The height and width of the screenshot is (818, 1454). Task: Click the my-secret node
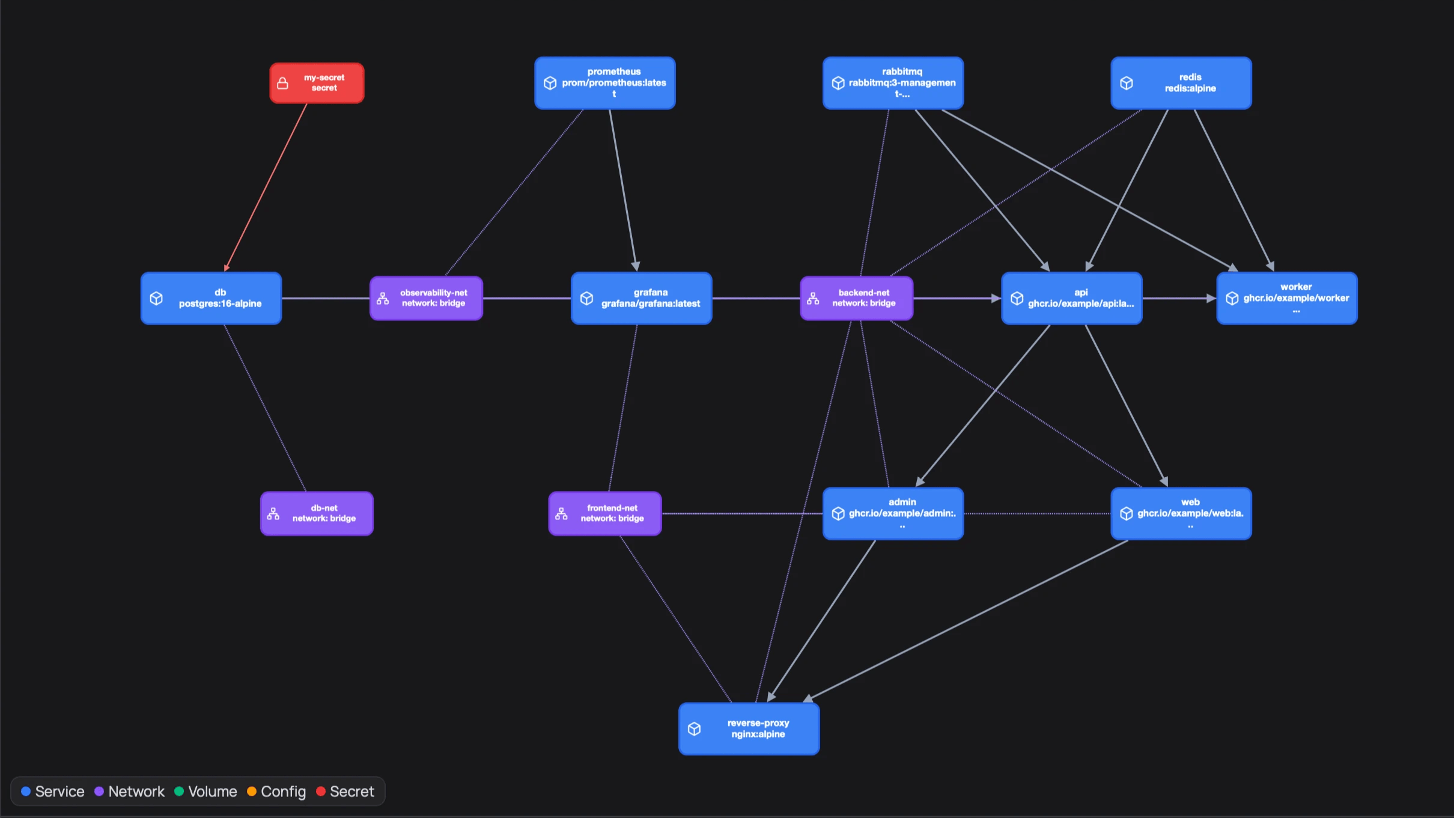317,83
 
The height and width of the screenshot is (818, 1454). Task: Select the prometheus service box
604,83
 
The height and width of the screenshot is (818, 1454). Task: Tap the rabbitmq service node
893,83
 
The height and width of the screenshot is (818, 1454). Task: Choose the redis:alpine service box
1181,83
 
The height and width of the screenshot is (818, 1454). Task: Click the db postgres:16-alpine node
211,298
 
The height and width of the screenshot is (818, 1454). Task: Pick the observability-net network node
426,298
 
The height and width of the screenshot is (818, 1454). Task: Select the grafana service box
641,298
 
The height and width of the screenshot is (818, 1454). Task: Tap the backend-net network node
856,298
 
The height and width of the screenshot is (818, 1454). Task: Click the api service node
1071,298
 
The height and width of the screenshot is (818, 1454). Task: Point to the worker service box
1286,298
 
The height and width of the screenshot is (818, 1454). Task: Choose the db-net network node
317,513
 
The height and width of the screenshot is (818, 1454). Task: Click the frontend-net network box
604,513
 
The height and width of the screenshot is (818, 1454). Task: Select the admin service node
893,513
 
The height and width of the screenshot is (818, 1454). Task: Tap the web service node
1181,513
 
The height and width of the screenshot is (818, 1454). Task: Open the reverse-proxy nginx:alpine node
749,728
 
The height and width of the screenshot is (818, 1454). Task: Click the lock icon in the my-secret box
282,84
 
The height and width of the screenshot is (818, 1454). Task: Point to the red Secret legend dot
321,791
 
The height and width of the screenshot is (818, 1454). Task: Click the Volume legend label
213,792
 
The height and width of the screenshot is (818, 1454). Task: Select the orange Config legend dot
252,791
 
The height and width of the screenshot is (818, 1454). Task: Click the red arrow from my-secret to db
266,187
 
